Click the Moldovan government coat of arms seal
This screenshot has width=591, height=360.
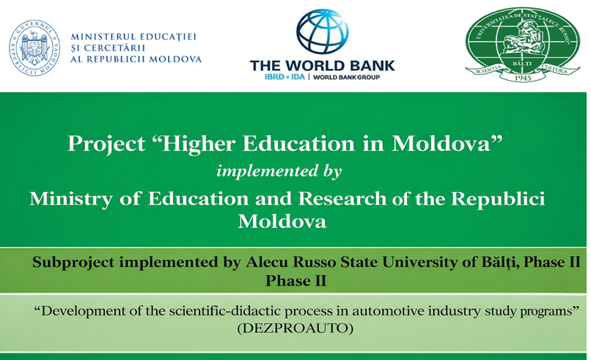(34, 48)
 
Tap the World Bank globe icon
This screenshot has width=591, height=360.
(322, 32)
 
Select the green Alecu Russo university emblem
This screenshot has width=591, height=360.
(522, 44)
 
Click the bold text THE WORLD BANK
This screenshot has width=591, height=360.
(322, 65)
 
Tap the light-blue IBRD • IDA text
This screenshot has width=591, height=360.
(285, 77)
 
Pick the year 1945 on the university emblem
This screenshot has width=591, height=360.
(522, 78)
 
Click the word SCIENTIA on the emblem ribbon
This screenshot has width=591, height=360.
(489, 70)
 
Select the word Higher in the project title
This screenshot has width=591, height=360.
(199, 144)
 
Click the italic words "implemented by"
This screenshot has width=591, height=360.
(279, 171)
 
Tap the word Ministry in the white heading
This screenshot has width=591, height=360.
(71, 199)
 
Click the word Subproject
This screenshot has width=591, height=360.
(73, 262)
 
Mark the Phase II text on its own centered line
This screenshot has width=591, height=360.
(296, 281)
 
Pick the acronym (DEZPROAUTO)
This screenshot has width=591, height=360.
(295, 328)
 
